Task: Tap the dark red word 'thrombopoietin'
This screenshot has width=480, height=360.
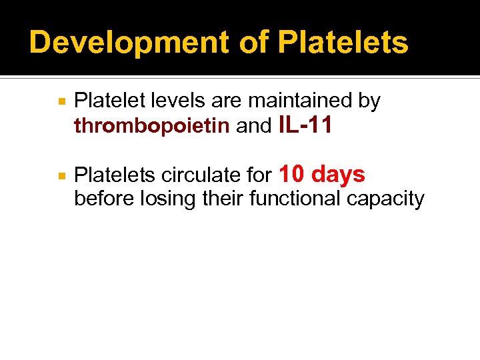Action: (151, 126)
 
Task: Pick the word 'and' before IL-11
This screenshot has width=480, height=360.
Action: (254, 126)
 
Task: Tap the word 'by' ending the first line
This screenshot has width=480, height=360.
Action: (369, 101)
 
